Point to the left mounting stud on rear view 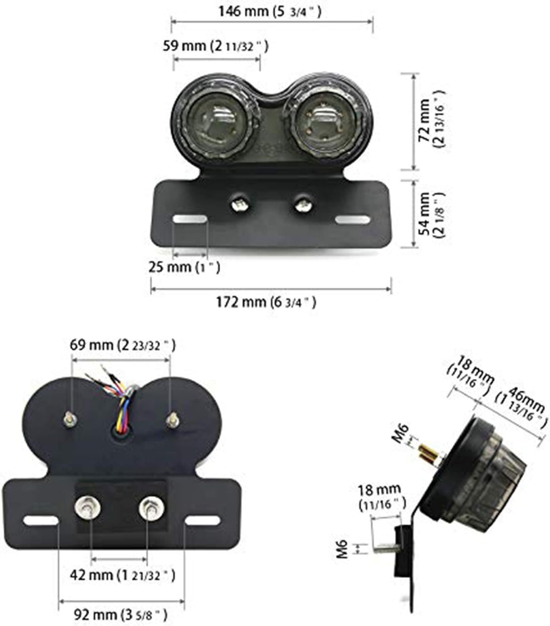69,419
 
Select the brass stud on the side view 429,454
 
